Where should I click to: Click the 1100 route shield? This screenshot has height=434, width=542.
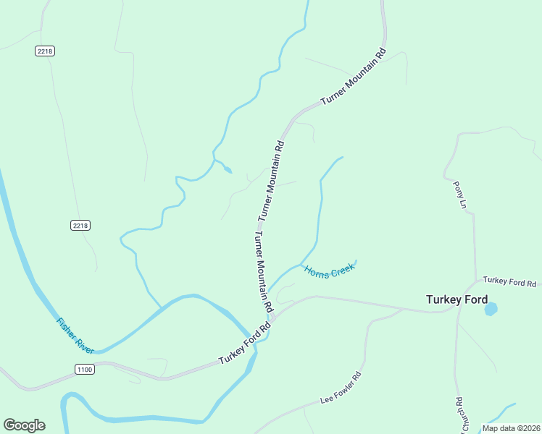point(84,369)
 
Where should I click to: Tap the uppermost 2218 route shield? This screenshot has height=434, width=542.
point(45,51)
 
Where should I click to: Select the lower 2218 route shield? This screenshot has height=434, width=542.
point(80,226)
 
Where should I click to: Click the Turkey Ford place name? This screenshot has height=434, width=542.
point(456,299)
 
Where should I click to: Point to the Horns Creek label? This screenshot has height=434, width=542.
point(329,272)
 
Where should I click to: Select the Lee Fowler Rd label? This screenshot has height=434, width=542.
point(341,388)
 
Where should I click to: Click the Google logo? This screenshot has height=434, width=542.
point(24,425)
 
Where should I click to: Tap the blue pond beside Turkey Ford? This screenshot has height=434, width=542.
point(491,309)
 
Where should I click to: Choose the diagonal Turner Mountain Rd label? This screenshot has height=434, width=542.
point(353,78)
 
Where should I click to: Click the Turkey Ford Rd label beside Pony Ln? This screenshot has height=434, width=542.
point(509,281)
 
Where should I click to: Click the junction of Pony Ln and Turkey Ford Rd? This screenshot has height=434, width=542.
point(475,281)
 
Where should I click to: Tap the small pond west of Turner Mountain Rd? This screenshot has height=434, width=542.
point(228,170)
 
